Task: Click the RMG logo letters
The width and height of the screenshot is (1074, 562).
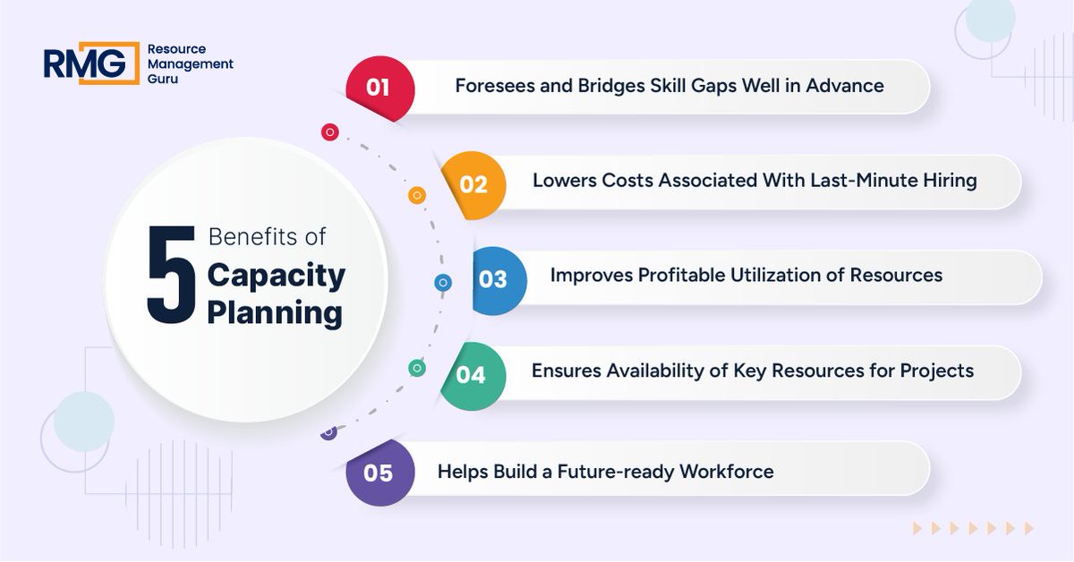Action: click(84, 64)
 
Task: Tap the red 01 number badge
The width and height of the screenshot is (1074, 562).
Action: click(379, 88)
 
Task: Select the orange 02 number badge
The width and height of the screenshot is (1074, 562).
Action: click(473, 184)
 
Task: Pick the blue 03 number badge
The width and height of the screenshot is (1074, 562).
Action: click(494, 279)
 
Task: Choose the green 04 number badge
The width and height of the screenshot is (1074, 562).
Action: click(472, 375)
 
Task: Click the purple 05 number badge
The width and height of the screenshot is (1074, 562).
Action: click(379, 472)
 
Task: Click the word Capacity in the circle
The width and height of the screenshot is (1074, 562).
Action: click(276, 275)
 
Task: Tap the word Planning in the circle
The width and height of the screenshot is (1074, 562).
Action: click(274, 313)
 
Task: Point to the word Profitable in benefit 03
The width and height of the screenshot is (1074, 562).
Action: click(682, 275)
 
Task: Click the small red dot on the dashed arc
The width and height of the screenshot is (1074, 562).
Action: click(330, 132)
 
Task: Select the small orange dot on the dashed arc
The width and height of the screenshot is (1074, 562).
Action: click(416, 195)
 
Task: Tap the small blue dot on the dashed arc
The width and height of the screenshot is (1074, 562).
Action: click(443, 283)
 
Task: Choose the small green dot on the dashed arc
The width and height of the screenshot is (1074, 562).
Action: click(417, 368)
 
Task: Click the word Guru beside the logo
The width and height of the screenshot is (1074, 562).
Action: click(163, 79)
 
